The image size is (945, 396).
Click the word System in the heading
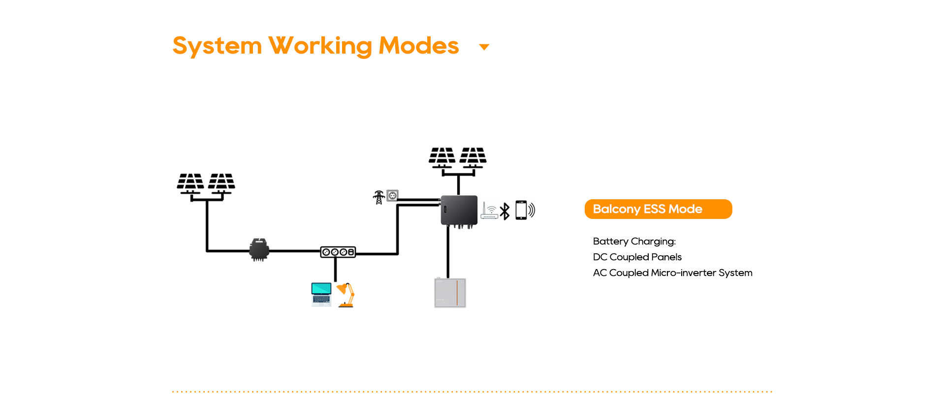(217, 46)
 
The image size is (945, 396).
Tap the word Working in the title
(320, 46)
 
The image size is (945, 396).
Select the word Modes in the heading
(419, 46)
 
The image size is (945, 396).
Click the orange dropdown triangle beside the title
(484, 47)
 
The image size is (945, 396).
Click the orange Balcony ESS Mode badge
(658, 209)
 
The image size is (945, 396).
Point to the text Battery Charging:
(634, 242)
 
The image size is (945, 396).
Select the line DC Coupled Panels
(637, 257)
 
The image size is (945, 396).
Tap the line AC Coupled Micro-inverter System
(672, 273)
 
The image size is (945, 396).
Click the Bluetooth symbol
(505, 211)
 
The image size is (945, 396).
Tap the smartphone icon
(521, 210)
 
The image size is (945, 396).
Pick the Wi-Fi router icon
(489, 211)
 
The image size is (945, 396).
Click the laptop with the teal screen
(321, 294)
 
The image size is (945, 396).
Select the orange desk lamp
(346, 295)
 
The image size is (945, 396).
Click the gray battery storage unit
(450, 293)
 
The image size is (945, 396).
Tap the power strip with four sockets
(338, 252)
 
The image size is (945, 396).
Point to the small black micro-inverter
(259, 249)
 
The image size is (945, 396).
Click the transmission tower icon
(378, 197)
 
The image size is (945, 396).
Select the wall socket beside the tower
(392, 196)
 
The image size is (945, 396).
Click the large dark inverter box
(459, 210)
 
